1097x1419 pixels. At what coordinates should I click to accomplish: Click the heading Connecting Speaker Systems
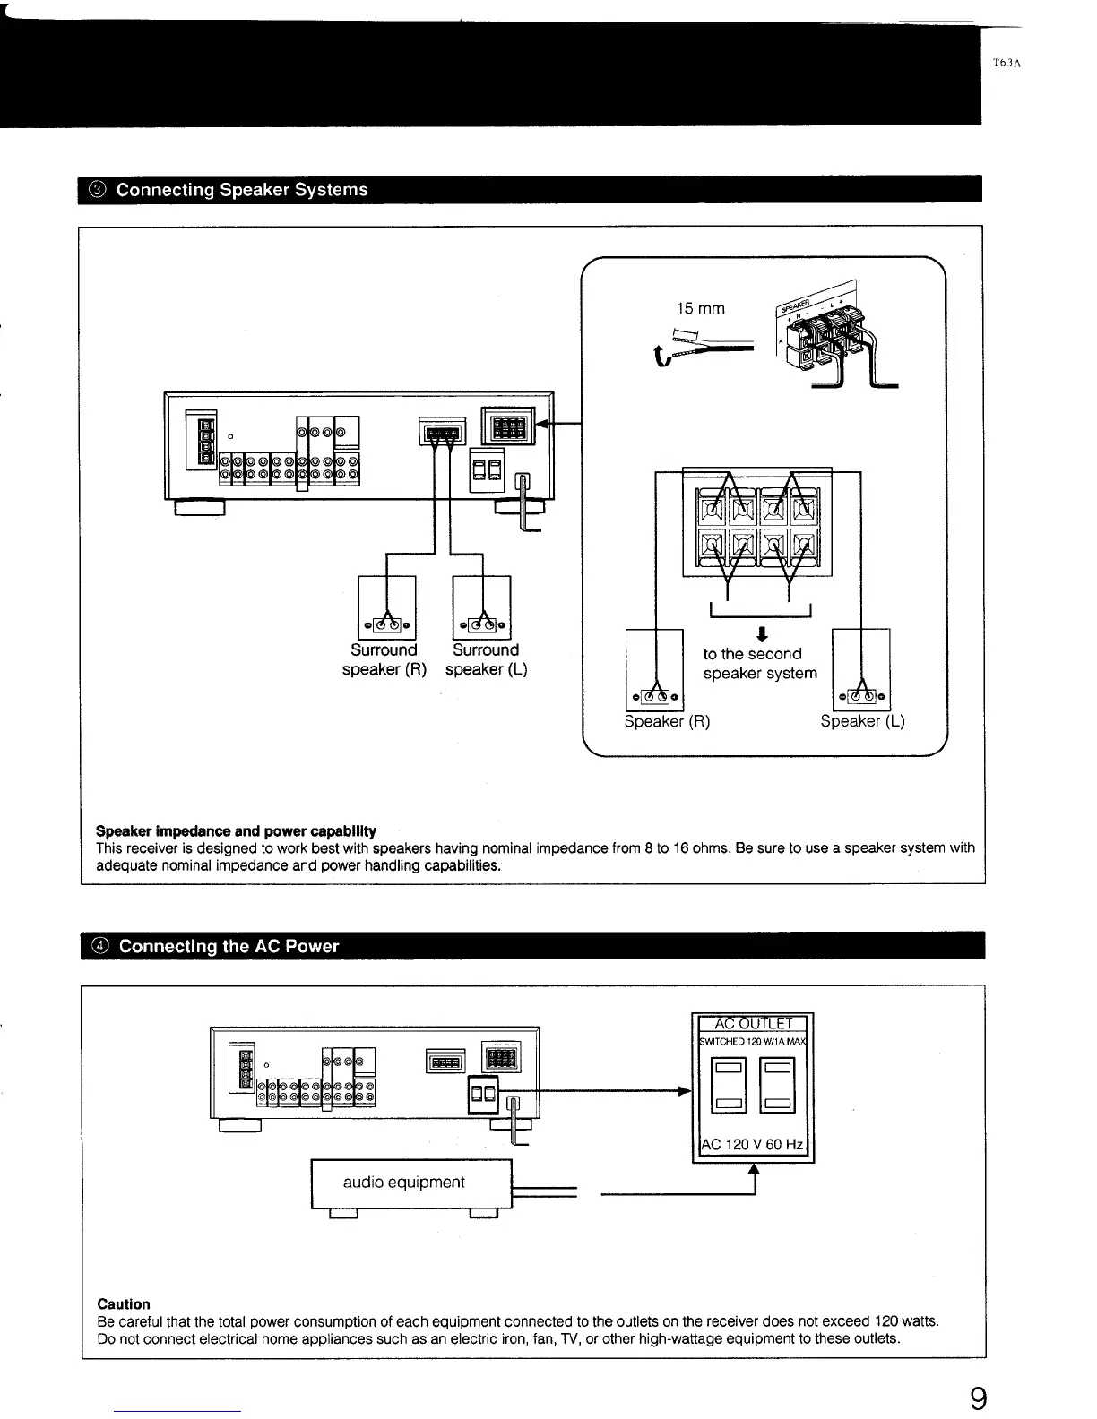[242, 190]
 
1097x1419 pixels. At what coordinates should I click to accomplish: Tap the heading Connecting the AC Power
[229, 946]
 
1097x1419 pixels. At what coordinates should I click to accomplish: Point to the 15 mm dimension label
[700, 309]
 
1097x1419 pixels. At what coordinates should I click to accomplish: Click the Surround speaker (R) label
[384, 660]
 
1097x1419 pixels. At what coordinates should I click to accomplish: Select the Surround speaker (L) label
[486, 660]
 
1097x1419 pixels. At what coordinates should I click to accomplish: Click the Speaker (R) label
[667, 722]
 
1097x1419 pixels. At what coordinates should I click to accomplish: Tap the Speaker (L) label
[863, 722]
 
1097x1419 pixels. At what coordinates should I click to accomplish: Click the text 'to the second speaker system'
[760, 664]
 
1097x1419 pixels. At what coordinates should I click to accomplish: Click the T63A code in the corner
[1008, 63]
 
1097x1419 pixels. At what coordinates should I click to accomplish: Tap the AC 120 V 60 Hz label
[753, 1146]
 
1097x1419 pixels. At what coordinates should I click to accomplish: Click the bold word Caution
[124, 1304]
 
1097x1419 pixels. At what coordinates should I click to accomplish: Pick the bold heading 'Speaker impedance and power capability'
[236, 830]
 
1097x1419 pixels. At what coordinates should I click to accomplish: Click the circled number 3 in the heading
[98, 190]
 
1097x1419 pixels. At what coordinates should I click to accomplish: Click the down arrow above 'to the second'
[760, 635]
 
